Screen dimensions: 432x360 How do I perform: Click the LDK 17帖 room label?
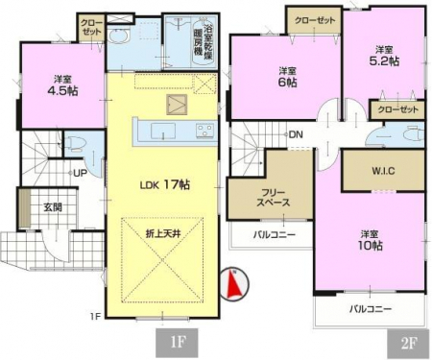coord(165,185)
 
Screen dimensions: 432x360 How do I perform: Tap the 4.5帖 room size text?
coord(62,91)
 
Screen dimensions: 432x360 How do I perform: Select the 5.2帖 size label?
coord(384,60)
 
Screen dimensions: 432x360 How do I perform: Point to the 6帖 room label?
coord(287,83)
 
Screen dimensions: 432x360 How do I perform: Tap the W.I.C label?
coord(383,171)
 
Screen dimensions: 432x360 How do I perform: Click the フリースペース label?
coord(273,198)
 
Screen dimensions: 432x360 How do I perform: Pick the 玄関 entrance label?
coord(53,207)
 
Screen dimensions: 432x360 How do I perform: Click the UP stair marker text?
coord(80,173)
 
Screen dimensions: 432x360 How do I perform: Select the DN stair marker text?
coord(296,134)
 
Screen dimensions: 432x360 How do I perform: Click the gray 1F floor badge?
coord(177,343)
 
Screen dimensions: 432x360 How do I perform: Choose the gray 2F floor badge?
coord(408,344)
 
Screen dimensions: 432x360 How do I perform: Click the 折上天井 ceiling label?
coord(163,234)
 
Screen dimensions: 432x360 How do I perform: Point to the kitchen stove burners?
coord(205,131)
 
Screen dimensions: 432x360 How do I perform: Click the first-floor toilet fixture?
coord(74,143)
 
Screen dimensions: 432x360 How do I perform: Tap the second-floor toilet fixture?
coord(413,134)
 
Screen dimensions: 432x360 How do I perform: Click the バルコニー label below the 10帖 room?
coord(371,309)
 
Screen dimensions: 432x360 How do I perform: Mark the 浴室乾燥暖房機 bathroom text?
coord(204,40)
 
